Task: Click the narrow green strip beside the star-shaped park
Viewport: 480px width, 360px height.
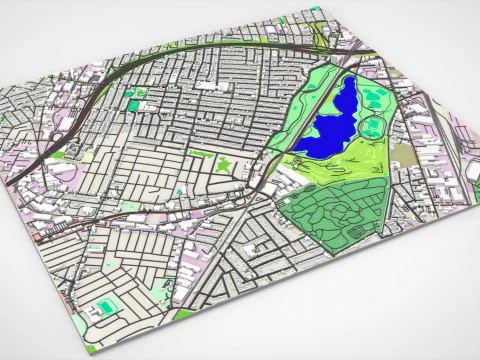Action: [x=201, y=154]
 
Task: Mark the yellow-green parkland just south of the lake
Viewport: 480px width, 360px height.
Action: [x=330, y=170]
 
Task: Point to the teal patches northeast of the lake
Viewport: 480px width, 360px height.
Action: [x=375, y=97]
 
